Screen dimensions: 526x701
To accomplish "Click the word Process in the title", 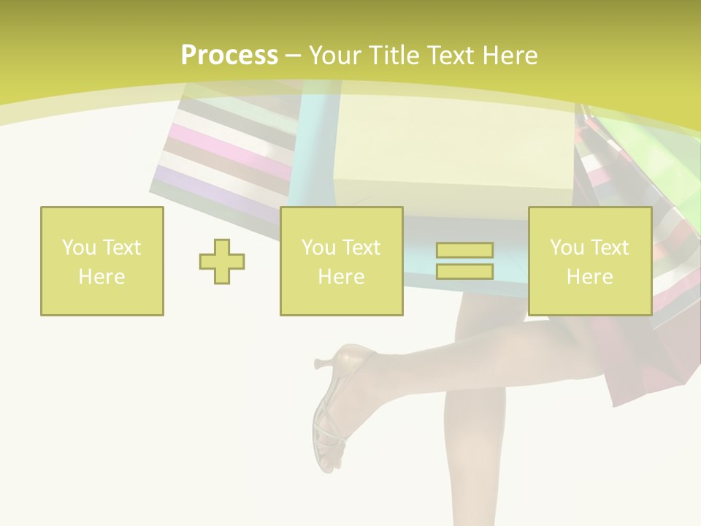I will point(229,55).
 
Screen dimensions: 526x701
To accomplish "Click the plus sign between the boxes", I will point(222,262).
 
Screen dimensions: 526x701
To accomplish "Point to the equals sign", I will point(464,261).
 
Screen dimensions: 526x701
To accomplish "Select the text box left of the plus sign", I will point(101,262).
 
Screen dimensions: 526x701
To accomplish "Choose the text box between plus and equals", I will point(341,262).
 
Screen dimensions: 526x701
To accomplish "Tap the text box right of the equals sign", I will point(589,262).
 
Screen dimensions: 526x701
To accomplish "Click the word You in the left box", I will point(78,248).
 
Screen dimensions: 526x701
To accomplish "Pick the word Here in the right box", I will point(589,277).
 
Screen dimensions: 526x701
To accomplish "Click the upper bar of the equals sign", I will point(464,251).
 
